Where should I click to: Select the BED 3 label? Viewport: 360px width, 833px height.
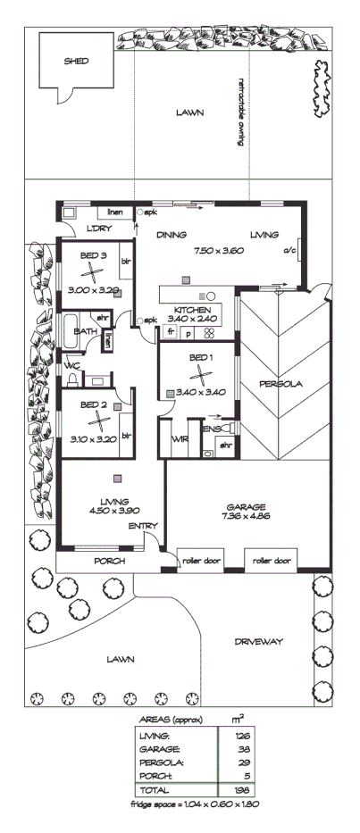point(94,255)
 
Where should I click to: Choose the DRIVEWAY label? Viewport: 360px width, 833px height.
point(258,641)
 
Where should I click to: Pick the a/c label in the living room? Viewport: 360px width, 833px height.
point(289,251)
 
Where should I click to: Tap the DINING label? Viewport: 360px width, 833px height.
point(172,236)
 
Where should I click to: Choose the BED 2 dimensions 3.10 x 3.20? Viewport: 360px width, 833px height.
point(93,438)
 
